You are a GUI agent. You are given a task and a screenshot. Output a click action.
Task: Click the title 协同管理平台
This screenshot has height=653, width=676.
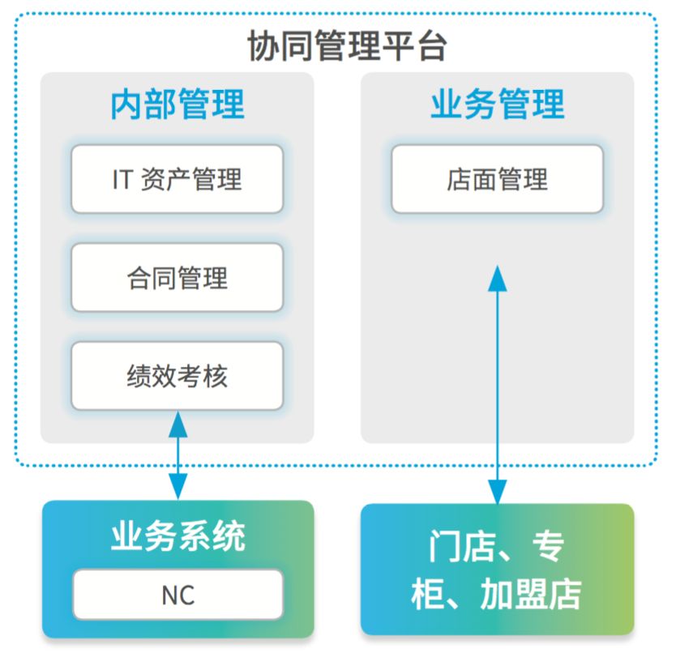[347, 46]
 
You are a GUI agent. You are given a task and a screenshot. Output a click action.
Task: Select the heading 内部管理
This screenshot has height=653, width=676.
[178, 104]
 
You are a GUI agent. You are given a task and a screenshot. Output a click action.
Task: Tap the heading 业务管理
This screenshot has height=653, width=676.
[498, 104]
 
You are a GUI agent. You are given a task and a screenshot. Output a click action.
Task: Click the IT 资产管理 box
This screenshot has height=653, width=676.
[178, 179]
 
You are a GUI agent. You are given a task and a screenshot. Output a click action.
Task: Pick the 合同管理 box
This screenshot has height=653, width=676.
[178, 277]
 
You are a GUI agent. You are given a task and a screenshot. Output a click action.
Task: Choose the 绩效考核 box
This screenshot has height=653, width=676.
[178, 375]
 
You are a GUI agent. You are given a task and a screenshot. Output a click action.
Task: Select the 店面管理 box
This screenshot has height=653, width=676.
[497, 179]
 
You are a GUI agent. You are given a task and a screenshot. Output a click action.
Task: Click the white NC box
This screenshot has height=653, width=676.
[178, 595]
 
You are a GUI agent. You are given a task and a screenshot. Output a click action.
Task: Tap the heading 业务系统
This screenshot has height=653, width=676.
[178, 536]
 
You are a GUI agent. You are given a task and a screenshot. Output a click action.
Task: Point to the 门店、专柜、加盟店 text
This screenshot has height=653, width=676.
[496, 570]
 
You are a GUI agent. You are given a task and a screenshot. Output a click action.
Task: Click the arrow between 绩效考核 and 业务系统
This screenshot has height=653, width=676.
[178, 455]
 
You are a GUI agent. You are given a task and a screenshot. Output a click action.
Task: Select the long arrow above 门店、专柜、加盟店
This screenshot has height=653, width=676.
[497, 385]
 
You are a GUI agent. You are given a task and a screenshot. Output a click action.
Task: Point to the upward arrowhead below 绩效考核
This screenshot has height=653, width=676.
[178, 425]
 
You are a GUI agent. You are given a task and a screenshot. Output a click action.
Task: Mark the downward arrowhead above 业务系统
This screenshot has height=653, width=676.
[178, 487]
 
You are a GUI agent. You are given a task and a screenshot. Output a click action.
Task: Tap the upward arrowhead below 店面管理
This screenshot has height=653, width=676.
[497, 279]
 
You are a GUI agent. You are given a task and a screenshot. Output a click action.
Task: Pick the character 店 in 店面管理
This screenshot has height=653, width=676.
[460, 179]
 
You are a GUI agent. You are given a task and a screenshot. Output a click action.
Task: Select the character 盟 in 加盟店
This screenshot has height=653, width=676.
[531, 595]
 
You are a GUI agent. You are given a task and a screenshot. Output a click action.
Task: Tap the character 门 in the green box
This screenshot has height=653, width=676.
[445, 546]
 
